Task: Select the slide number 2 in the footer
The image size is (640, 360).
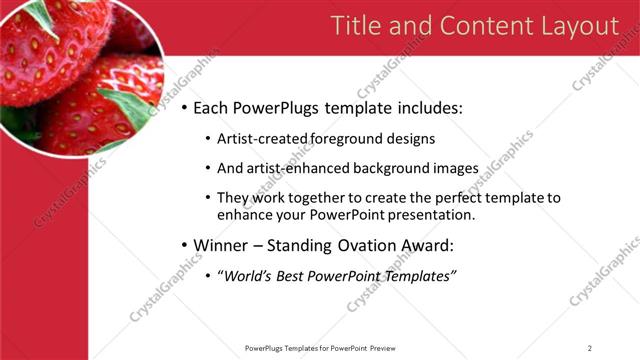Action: [590, 348]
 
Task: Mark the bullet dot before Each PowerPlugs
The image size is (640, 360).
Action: [184, 109]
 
